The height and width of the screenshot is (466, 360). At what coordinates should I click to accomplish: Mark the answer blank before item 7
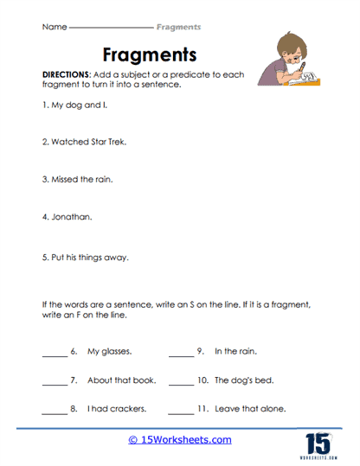(54, 382)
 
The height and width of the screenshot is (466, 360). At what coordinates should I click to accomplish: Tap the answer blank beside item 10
(180, 382)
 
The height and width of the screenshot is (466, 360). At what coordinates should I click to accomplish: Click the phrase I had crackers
(116, 409)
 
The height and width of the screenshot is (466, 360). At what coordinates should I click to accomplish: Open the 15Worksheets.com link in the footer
(180, 440)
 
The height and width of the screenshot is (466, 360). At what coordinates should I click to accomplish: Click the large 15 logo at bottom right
(319, 437)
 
